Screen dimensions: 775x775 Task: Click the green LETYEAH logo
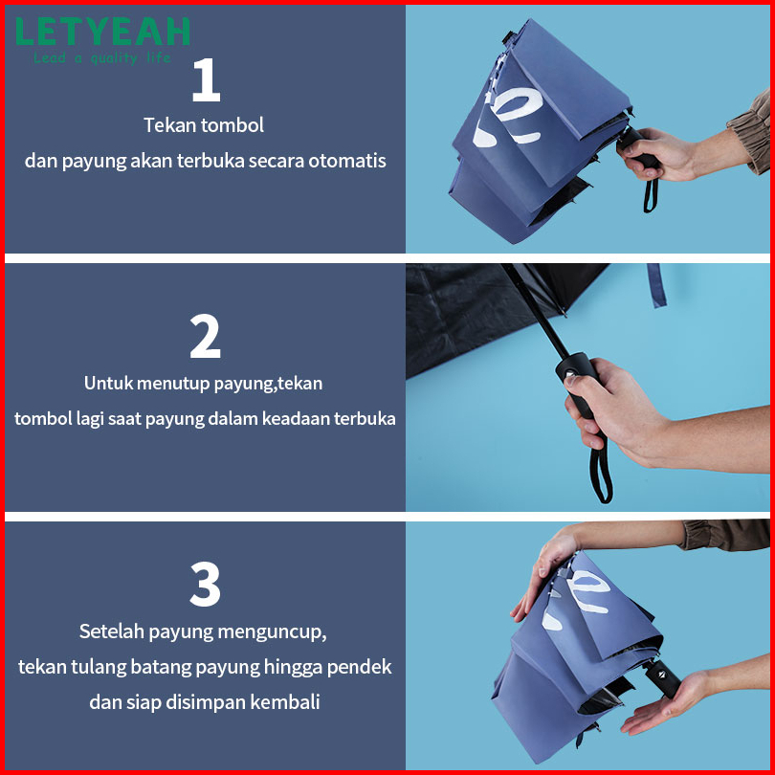tap(102, 32)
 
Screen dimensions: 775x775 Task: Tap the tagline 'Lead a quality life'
tap(102, 57)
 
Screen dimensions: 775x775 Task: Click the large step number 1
tap(206, 80)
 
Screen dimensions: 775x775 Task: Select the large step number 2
tap(205, 336)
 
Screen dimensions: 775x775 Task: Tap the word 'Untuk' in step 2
tap(107, 383)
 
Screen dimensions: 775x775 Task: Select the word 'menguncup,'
tap(272, 631)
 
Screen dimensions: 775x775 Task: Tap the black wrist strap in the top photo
tap(650, 196)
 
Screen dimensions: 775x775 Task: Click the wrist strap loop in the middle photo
tap(602, 469)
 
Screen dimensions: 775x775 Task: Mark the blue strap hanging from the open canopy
tap(657, 285)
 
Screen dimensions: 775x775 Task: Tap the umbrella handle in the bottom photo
tap(662, 677)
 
